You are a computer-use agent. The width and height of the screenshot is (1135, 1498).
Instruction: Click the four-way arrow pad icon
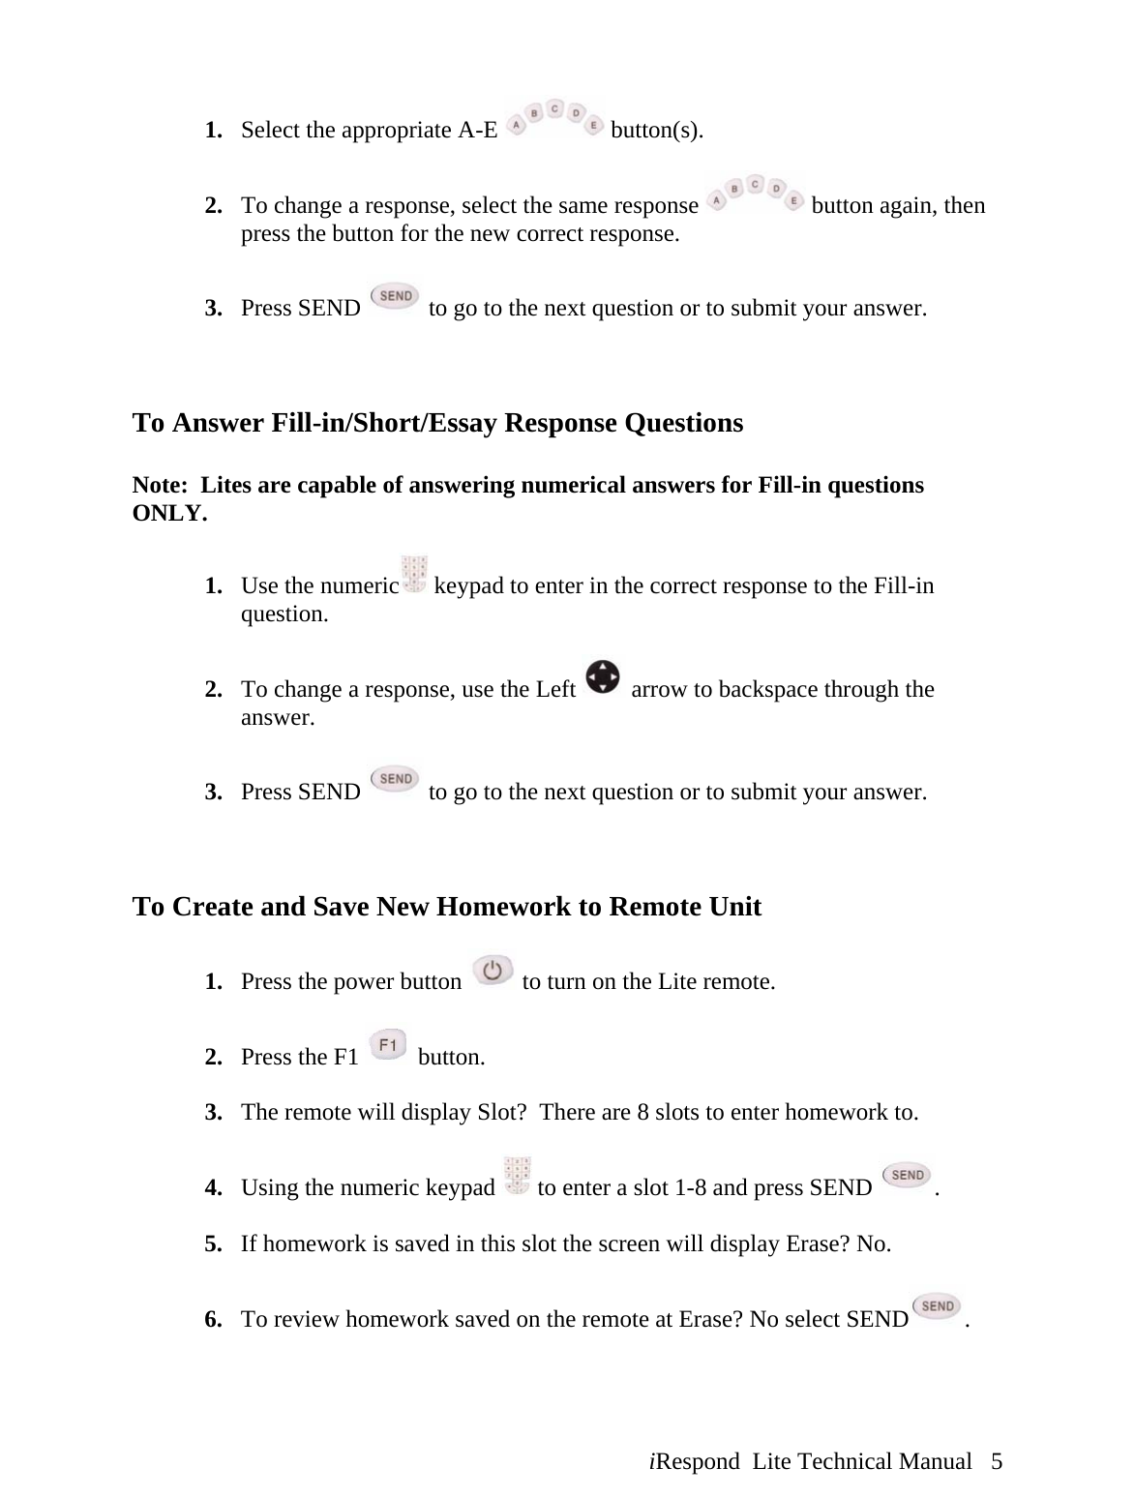pos(603,677)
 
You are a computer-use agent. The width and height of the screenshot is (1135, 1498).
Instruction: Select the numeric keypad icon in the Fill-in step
pos(415,574)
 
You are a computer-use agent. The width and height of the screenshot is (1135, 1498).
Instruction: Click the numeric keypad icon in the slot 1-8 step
pos(518,1175)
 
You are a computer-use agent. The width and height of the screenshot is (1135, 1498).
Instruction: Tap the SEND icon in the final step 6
pos(937,1308)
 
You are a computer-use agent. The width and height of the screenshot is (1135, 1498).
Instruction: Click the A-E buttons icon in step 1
pos(554,119)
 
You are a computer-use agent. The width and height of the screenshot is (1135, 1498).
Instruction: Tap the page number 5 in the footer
pos(997,1461)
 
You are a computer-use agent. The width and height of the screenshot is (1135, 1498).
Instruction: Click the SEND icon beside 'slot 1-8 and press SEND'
pos(907,1177)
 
